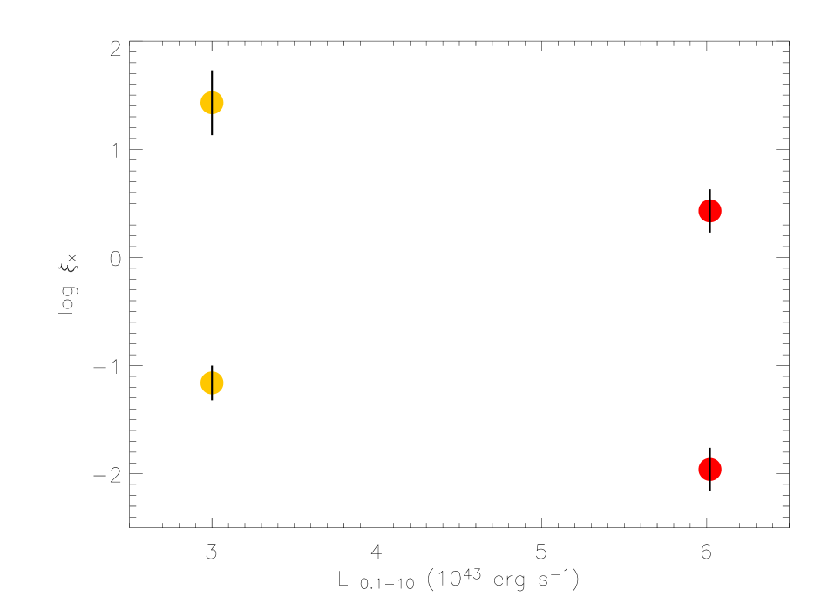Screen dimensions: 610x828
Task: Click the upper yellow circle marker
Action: click(x=212, y=103)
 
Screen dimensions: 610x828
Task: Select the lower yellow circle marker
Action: click(x=212, y=383)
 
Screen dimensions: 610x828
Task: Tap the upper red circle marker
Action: click(x=710, y=211)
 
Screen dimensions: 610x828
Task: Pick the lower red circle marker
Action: click(x=710, y=469)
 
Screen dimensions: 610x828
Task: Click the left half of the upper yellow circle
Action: click(x=206, y=103)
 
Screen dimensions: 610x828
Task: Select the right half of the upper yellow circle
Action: click(x=218, y=103)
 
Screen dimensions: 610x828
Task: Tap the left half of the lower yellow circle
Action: click(x=206, y=383)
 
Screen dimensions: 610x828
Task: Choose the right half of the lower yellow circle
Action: click(x=218, y=383)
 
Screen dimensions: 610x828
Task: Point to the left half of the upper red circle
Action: click(x=704, y=211)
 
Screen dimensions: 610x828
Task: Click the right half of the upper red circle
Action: click(x=716, y=211)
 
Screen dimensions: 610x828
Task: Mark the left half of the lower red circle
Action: click(x=704, y=469)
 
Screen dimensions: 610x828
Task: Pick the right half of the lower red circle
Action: click(x=716, y=469)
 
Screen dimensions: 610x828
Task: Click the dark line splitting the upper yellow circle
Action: click(x=212, y=103)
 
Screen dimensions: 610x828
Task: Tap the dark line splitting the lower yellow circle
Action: click(x=212, y=383)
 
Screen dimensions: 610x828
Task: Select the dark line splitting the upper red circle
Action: click(x=710, y=211)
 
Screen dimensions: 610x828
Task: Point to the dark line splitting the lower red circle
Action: click(x=710, y=469)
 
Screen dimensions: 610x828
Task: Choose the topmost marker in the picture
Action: click(x=212, y=103)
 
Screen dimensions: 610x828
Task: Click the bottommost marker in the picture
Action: click(x=710, y=469)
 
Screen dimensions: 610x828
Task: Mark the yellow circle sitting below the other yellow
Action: click(x=212, y=383)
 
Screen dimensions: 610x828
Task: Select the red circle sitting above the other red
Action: click(x=710, y=211)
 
